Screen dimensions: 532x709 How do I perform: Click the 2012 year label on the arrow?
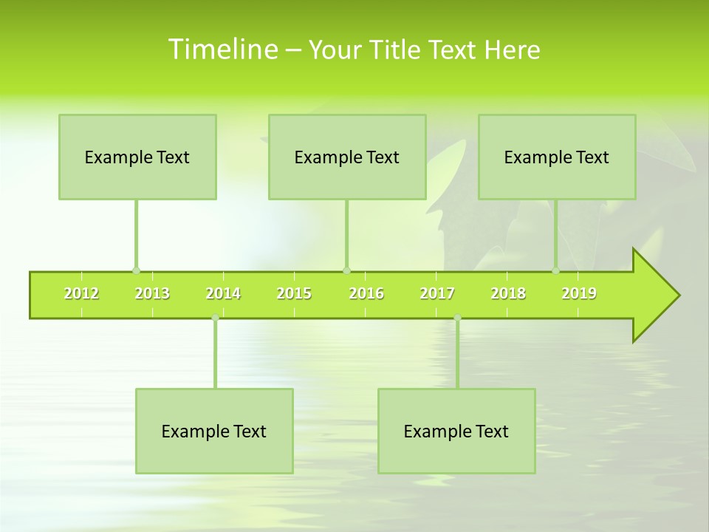pyautogui.click(x=81, y=293)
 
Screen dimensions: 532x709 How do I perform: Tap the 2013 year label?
pyautogui.click(x=152, y=293)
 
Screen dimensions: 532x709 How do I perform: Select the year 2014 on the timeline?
pyautogui.click(x=223, y=293)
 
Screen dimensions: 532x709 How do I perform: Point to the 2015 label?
pyautogui.click(x=294, y=293)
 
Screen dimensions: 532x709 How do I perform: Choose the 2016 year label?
pyautogui.click(x=366, y=293)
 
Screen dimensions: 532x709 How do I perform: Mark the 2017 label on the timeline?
pyautogui.click(x=437, y=293)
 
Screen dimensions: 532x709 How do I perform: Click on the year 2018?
pyautogui.click(x=508, y=293)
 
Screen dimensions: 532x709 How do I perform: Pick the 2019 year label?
pyautogui.click(x=579, y=293)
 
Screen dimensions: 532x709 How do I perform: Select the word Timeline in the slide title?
pyautogui.click(x=222, y=50)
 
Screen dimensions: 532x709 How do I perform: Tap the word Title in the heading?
pyautogui.click(x=395, y=50)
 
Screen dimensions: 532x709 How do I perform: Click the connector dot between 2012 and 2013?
pyautogui.click(x=136, y=270)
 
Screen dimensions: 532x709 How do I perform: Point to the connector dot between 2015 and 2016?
pyautogui.click(x=346, y=270)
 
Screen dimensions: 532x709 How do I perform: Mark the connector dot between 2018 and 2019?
pyautogui.click(x=556, y=270)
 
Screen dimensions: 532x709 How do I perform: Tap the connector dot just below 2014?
pyautogui.click(x=215, y=318)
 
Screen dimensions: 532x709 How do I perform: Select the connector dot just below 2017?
pyautogui.click(x=457, y=318)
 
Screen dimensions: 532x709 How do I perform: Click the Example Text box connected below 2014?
pyautogui.click(x=214, y=431)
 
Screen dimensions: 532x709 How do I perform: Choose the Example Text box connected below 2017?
pyautogui.click(x=456, y=431)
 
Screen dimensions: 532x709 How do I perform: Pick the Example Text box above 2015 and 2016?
pyautogui.click(x=347, y=157)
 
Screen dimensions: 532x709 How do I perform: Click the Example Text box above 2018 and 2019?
pyautogui.click(x=557, y=157)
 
